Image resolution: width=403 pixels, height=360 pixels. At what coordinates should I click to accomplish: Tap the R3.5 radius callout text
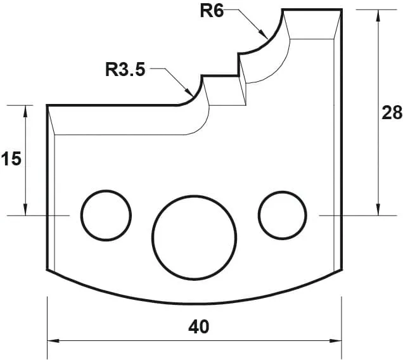point(125,69)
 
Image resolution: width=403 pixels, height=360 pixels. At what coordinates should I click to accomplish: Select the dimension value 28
point(392,113)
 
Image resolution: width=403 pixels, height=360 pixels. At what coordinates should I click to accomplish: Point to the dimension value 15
point(11,159)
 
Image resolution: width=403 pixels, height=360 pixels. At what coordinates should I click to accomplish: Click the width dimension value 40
point(198,327)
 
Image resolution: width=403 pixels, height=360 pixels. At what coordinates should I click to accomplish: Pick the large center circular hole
point(195,235)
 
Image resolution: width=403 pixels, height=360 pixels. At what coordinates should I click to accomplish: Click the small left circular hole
point(105,215)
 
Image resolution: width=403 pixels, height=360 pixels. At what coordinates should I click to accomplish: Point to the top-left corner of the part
point(48,105)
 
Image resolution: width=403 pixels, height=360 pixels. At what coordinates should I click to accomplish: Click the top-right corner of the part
point(342,9)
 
